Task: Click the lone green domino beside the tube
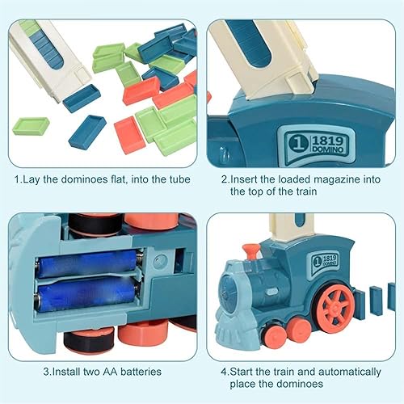tap(31, 126)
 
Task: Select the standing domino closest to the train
tap(359, 302)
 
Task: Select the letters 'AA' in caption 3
tap(103, 372)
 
